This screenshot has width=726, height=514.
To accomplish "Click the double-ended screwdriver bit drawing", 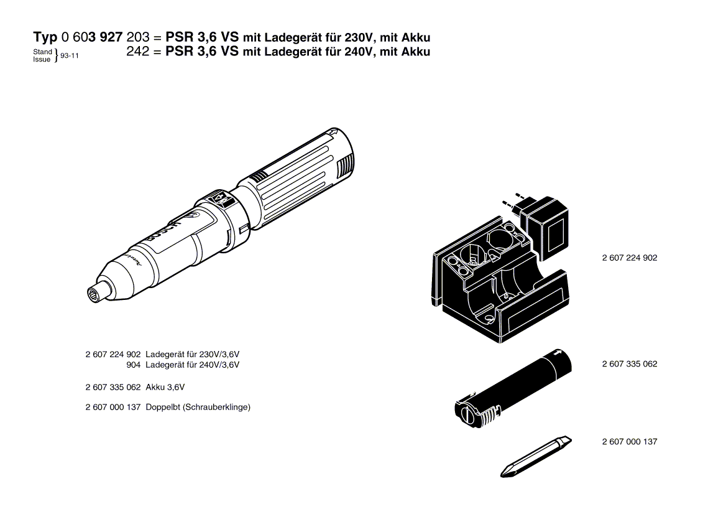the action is pyautogui.click(x=536, y=457).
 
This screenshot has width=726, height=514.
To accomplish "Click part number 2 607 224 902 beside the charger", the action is pyautogui.click(x=629, y=258).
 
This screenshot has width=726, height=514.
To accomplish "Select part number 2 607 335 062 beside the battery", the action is pyautogui.click(x=629, y=364).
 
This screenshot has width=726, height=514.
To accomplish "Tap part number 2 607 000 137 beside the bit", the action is pyautogui.click(x=629, y=442).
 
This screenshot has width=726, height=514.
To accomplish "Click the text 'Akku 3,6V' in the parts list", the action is pyautogui.click(x=165, y=388).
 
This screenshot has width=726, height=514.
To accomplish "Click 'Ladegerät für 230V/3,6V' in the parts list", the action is pyautogui.click(x=192, y=355).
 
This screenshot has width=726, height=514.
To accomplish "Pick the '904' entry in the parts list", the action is pyautogui.click(x=134, y=365).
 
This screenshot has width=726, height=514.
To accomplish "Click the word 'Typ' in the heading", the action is pyautogui.click(x=45, y=37).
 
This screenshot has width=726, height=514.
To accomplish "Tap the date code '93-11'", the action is pyautogui.click(x=70, y=55).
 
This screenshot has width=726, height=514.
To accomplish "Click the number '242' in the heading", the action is pyautogui.click(x=138, y=51).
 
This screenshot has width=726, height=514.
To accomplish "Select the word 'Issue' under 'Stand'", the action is pyautogui.click(x=42, y=59).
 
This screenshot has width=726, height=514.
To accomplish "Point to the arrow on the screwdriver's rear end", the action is pyautogui.click(x=332, y=134).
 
